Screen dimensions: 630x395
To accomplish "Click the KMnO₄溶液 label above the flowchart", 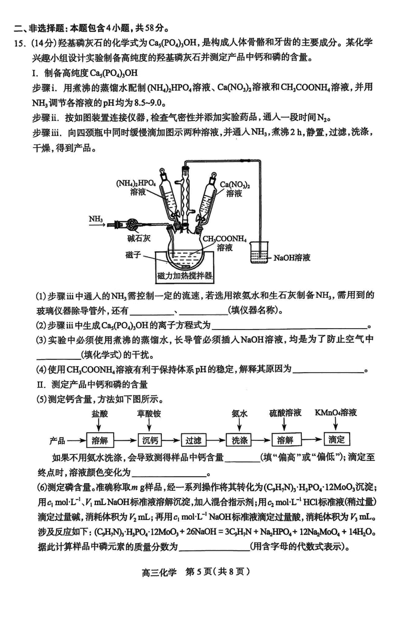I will coord(336,412).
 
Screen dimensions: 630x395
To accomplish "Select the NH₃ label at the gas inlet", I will coord(96,217).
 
